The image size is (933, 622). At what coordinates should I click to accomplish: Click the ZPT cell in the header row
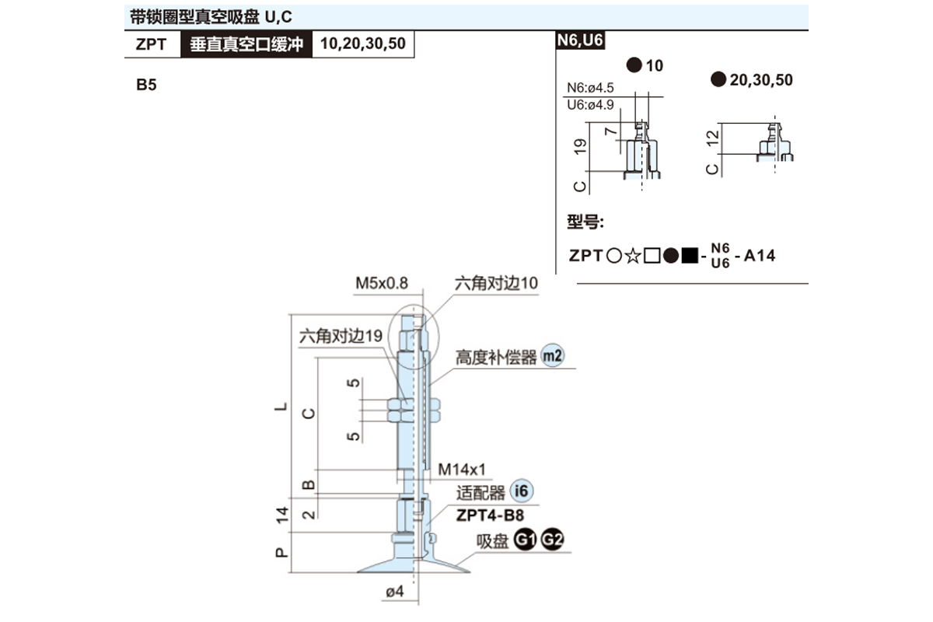pyautogui.click(x=151, y=44)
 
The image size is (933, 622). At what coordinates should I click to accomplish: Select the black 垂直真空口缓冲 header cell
pyautogui.click(x=246, y=44)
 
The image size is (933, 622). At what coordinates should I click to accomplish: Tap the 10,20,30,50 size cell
pyautogui.click(x=362, y=44)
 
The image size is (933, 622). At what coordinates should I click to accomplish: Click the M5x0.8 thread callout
pyautogui.click(x=382, y=283)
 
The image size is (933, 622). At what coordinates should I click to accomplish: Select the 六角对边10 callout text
pyautogui.click(x=496, y=283)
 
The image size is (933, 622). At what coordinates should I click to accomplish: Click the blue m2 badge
pyautogui.click(x=552, y=357)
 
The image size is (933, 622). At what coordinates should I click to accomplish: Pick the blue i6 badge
pyautogui.click(x=522, y=492)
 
